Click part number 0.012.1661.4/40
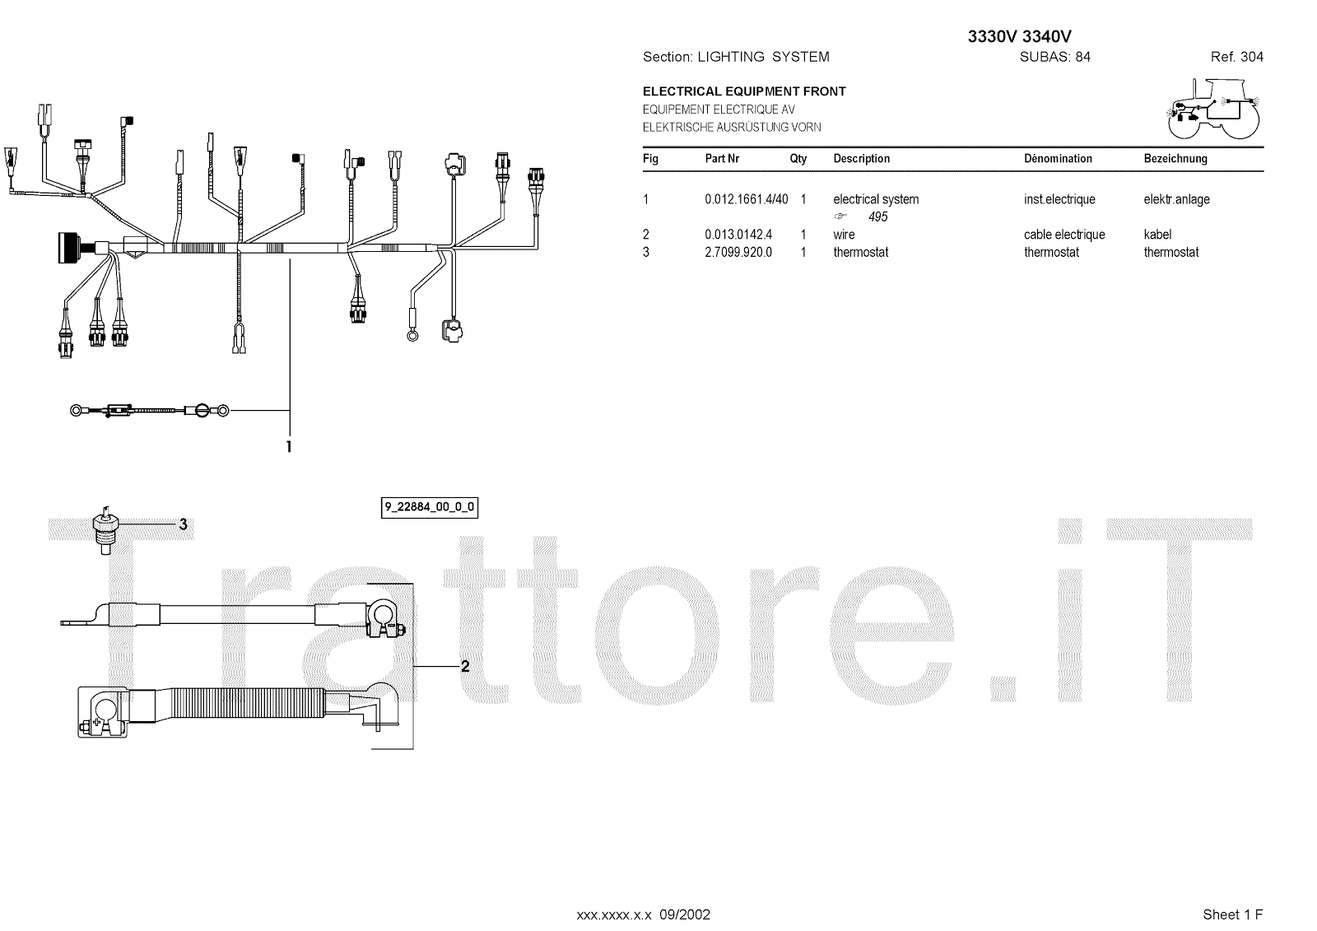point(746,199)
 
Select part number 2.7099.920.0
point(738,253)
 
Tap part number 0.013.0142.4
point(738,235)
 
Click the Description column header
point(861,158)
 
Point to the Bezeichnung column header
point(1175,158)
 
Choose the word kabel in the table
point(1157,235)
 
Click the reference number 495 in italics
point(877,217)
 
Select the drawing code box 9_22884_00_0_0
point(429,507)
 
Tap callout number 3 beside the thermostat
point(183,524)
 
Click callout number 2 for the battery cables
point(465,666)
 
